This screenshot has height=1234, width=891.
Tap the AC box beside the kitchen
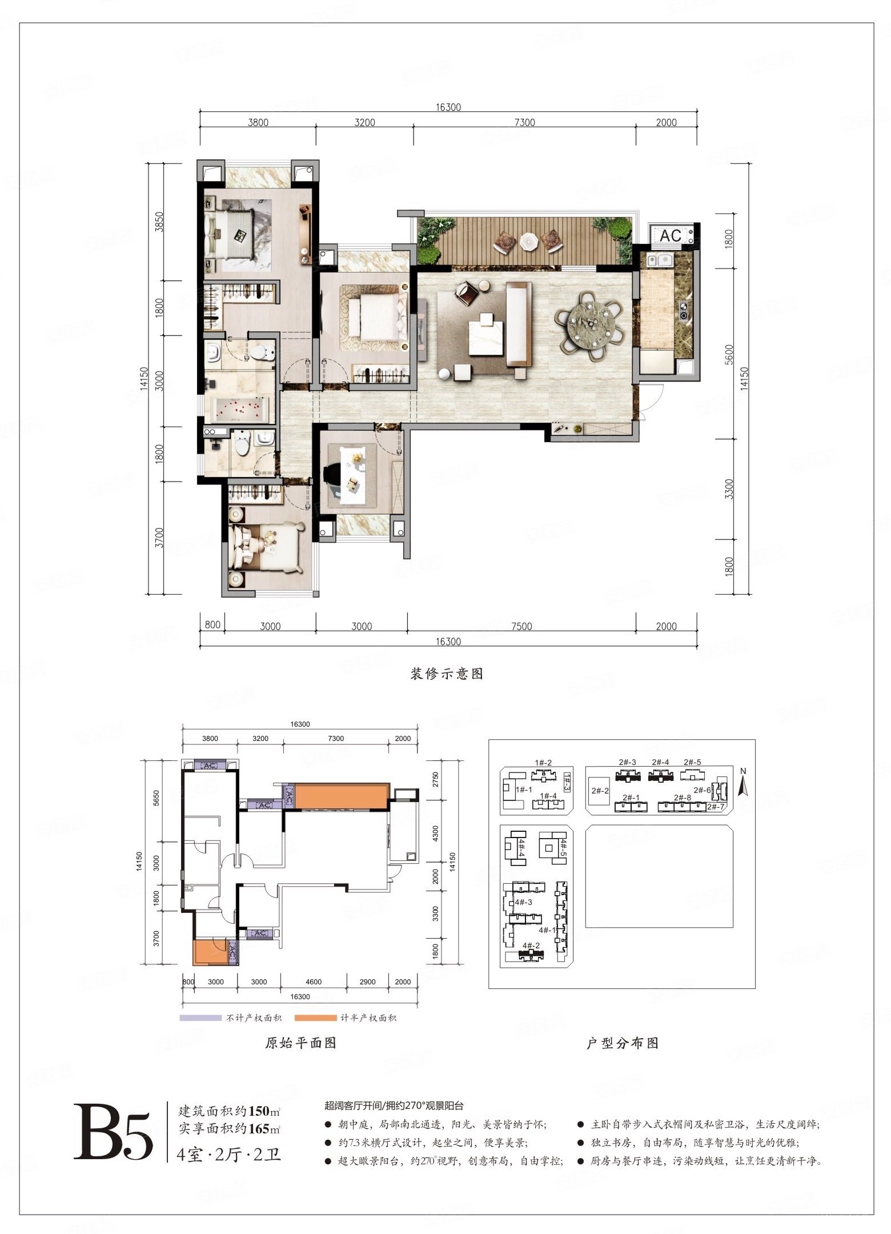[671, 235]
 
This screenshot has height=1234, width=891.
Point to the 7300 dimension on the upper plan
[524, 122]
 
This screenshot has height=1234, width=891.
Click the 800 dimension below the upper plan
[212, 624]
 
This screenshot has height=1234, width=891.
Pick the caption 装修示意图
[446, 674]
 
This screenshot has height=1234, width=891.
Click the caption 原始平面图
[300, 1043]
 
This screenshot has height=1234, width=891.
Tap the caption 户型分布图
[623, 1043]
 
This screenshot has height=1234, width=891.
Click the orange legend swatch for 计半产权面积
[316, 1017]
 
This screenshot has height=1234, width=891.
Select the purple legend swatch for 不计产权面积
[200, 1017]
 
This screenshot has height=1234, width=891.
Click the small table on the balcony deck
[529, 241]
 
